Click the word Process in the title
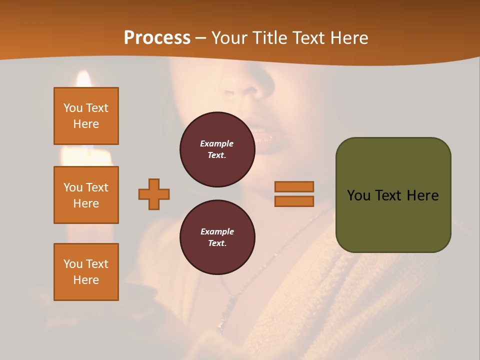click(157, 38)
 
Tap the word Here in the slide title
click(347, 38)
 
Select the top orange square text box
click(86, 116)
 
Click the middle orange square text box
click(86, 195)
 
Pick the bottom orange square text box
click(86, 272)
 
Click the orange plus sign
click(154, 194)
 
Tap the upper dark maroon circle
click(217, 149)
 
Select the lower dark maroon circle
click(217, 237)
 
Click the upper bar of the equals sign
click(294, 186)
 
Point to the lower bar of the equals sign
click(294, 201)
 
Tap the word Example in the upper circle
click(217, 143)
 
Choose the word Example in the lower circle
click(217, 231)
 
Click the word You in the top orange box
click(73, 108)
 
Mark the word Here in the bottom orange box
click(86, 280)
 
